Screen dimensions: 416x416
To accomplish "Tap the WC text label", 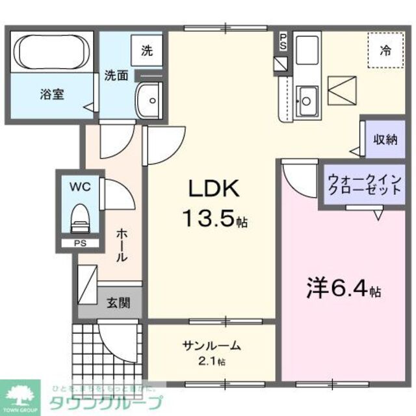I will tap(81, 186).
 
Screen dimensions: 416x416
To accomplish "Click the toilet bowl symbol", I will tap(79, 218).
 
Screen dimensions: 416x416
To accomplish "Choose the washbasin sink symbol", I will tap(151, 101).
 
